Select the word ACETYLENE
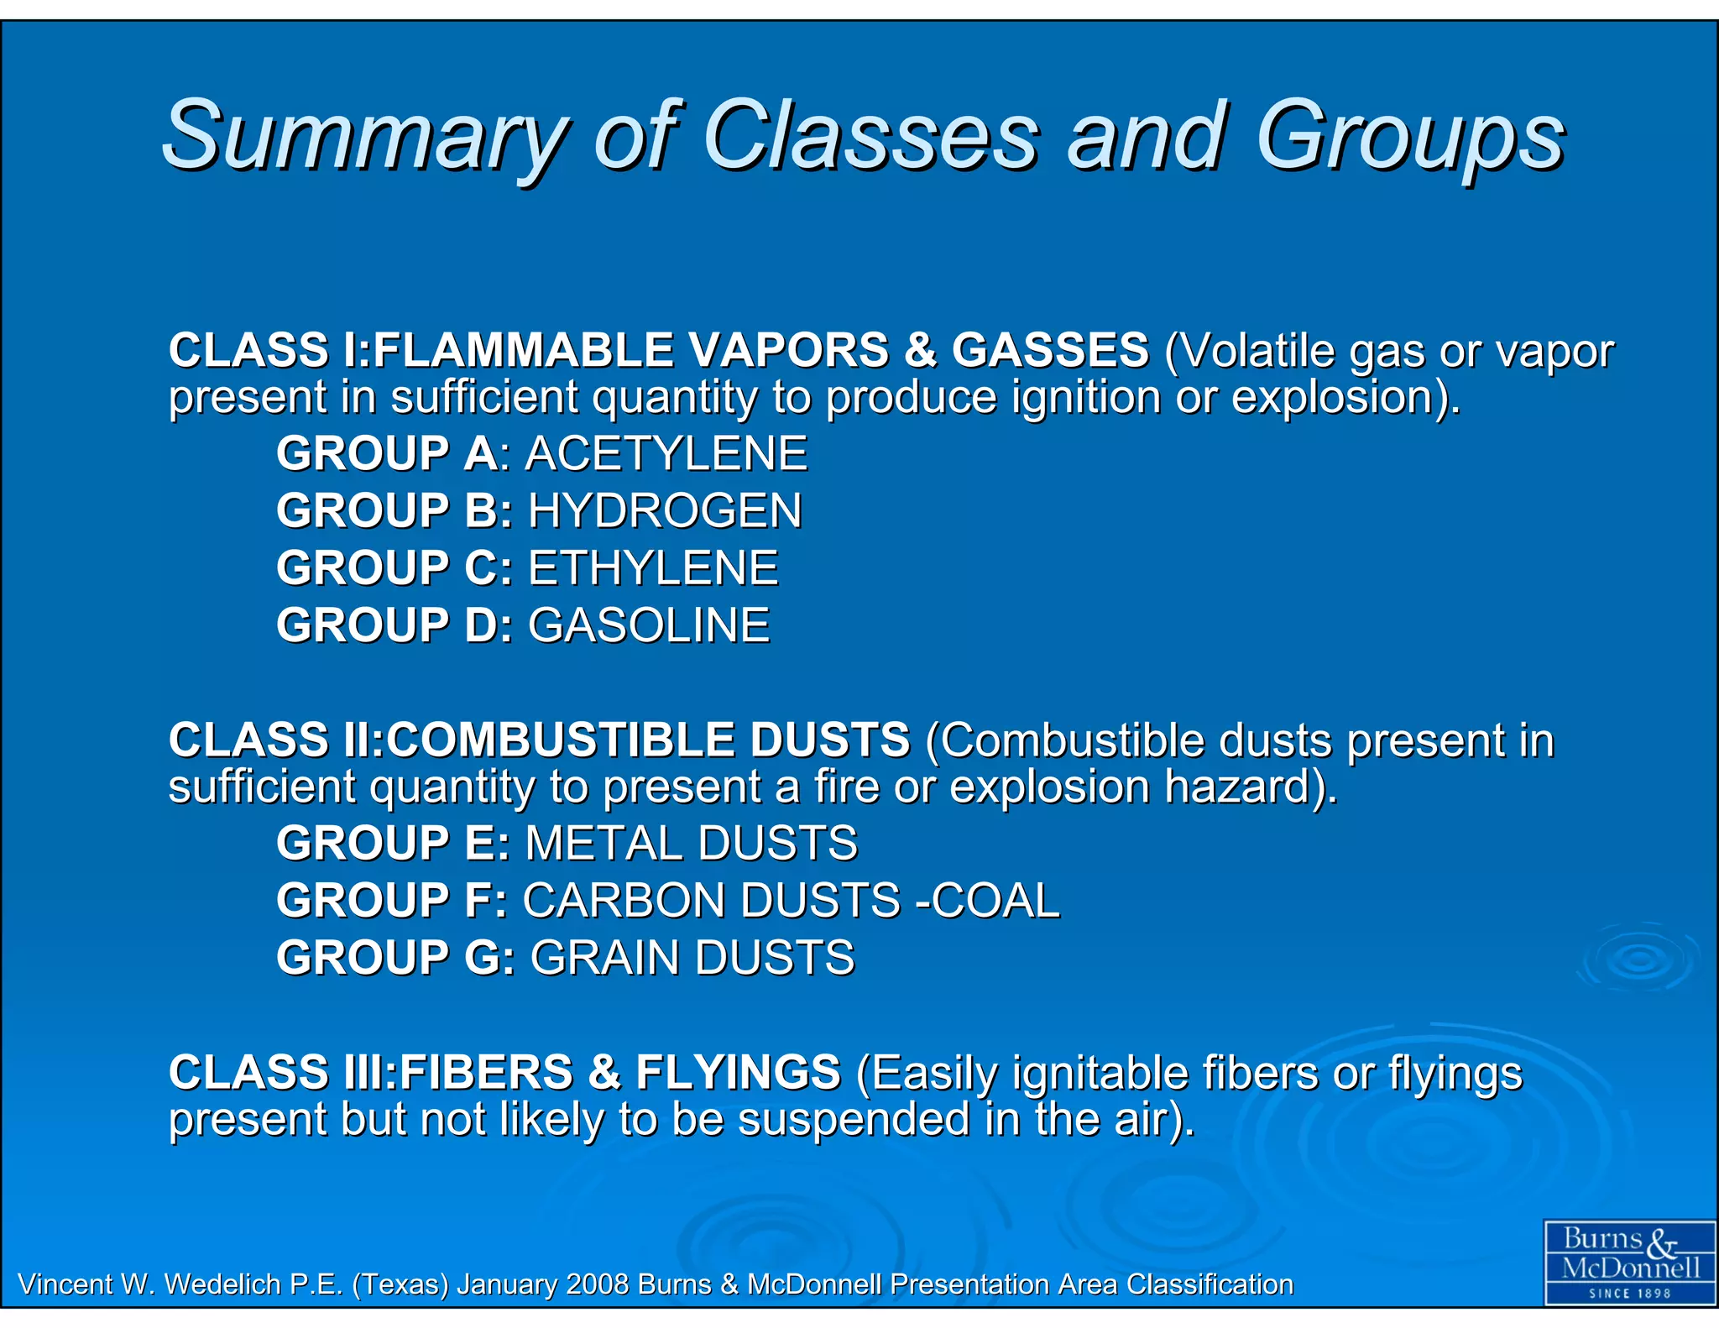coord(666,454)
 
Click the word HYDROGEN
coord(665,511)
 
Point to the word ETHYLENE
coord(653,568)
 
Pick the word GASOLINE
coord(649,625)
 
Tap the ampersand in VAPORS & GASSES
coord(920,350)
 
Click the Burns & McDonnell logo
coord(1630,1262)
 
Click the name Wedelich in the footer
coord(222,1284)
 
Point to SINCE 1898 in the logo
coord(1630,1294)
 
